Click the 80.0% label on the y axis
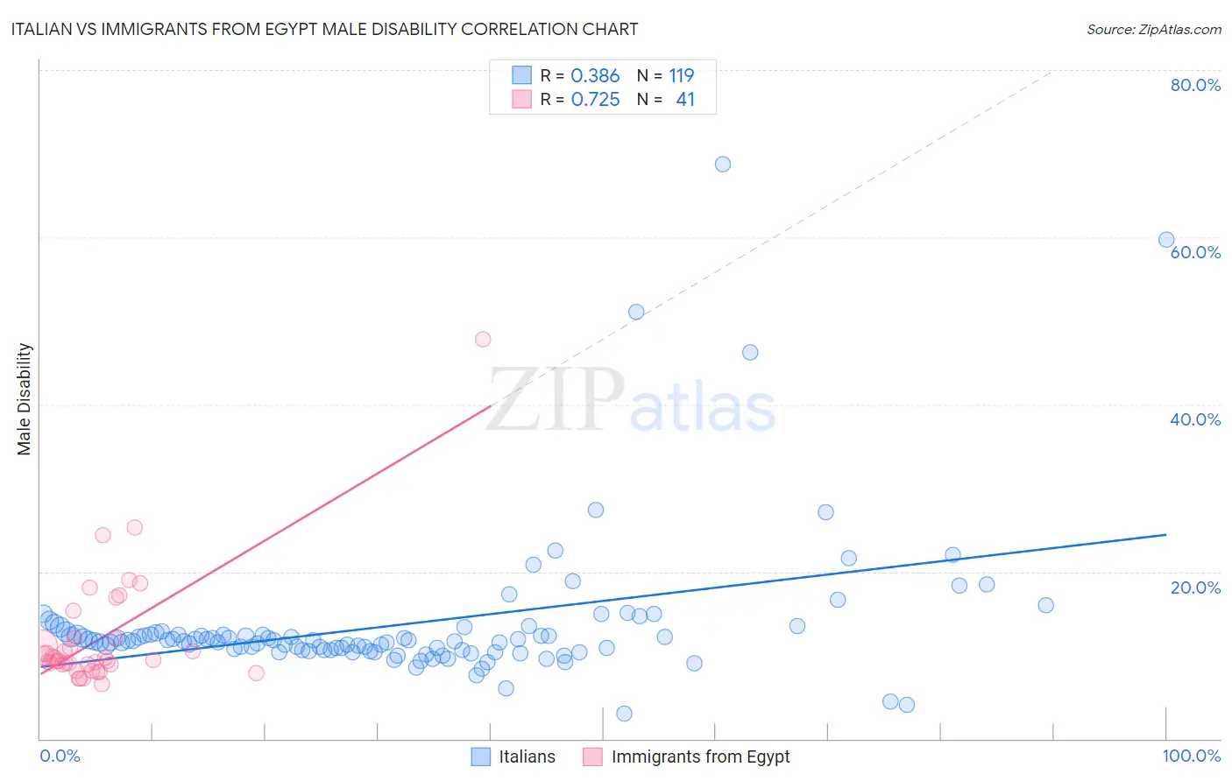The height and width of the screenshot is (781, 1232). pos(1195,85)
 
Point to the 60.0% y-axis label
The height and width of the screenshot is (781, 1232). pos(1195,252)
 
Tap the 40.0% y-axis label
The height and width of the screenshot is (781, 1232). pos(1195,419)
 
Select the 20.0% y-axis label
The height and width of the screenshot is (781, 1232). pos(1195,588)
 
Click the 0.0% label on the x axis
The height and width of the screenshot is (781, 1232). pos(60,756)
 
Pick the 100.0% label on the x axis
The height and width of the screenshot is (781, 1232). pos(1191,756)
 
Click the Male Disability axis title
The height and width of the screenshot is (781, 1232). pos(25,398)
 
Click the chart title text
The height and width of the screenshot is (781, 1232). pos(324,29)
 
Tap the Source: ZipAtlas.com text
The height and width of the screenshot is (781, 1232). pos(1153,29)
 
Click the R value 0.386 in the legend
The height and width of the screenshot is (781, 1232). pos(595,76)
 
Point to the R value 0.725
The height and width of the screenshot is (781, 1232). pos(595,100)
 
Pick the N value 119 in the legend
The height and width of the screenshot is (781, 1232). pos(681,76)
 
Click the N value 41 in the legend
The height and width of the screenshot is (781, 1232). pos(685,100)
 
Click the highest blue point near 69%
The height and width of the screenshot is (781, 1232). pos(723,165)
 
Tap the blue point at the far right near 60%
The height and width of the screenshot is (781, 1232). pos(1166,240)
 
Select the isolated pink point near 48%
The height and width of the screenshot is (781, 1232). pos(483,340)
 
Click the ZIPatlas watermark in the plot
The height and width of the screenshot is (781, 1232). pos(631,401)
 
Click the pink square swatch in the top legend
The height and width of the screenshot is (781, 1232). pos(521,99)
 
